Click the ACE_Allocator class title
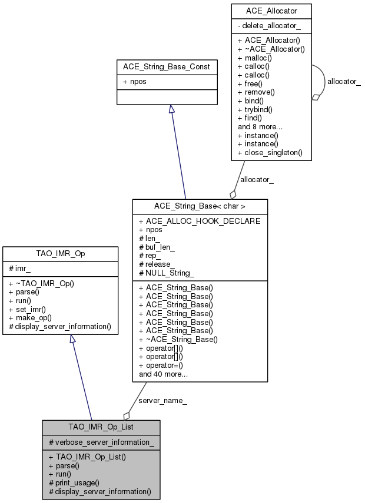pos(271,12)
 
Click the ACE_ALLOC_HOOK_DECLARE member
pos(200,221)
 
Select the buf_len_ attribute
pos(158,247)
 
